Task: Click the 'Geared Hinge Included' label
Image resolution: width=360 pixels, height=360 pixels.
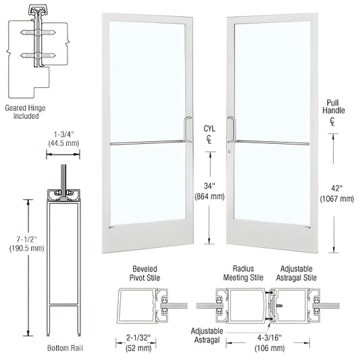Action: [x=26, y=110]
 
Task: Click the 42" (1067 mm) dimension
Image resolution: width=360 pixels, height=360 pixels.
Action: [x=337, y=194]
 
